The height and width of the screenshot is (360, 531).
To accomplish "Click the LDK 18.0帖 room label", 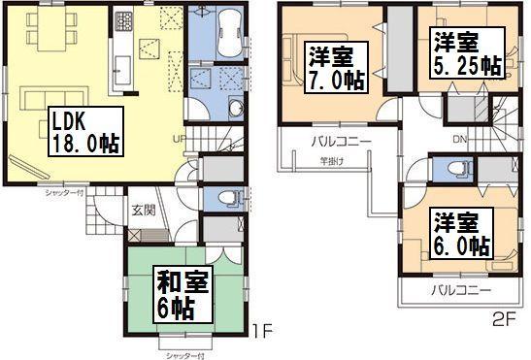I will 83,133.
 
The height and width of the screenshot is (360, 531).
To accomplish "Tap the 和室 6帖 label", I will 181,294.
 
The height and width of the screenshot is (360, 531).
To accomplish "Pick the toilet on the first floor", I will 226,197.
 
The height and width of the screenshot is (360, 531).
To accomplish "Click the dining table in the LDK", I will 49,38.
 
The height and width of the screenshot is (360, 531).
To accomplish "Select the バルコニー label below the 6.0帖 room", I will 460,290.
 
